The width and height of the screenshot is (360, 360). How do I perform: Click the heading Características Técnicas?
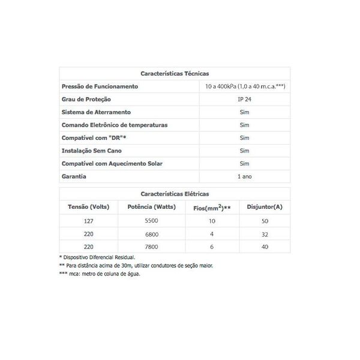(x=175, y=74)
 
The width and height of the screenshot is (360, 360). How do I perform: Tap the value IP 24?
(x=244, y=100)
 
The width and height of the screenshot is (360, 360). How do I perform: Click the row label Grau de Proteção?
(x=86, y=100)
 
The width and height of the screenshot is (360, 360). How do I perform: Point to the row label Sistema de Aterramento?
(x=96, y=112)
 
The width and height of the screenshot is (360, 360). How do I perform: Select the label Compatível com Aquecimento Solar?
(x=112, y=163)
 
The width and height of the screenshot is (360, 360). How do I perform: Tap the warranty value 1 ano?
(x=244, y=176)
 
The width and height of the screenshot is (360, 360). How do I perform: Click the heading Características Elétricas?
(x=175, y=194)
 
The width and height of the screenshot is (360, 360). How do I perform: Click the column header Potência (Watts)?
(x=148, y=208)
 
